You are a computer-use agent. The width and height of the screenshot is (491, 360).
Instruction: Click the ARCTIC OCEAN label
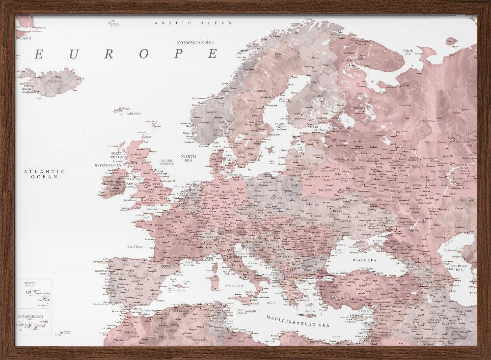(x=192, y=23)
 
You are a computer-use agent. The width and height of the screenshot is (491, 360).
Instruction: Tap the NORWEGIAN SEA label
(x=198, y=42)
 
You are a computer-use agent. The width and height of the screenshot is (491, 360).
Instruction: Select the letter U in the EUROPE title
(x=74, y=54)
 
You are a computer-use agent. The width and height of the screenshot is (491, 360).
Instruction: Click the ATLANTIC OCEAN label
(x=44, y=174)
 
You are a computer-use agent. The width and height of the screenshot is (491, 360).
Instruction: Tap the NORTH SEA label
(x=189, y=158)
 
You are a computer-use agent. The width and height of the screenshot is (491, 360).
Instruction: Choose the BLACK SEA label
(x=364, y=260)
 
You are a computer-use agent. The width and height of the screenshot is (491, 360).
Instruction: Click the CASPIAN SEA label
(x=460, y=267)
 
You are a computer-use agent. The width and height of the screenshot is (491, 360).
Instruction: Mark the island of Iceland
(x=52, y=82)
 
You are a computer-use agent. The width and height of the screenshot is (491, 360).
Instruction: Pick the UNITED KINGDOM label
(x=167, y=162)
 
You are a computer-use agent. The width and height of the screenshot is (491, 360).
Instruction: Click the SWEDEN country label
(x=260, y=91)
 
